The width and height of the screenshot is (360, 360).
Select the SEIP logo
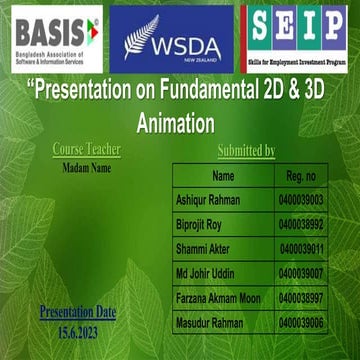point(298,38)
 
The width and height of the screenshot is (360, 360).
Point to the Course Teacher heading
point(86,150)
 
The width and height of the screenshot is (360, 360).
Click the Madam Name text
point(86,168)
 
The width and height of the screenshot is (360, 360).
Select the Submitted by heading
point(246,151)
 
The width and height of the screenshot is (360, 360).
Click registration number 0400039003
point(301,201)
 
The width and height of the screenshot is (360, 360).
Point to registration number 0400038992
point(301,225)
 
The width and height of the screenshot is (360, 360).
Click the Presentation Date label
point(78,313)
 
